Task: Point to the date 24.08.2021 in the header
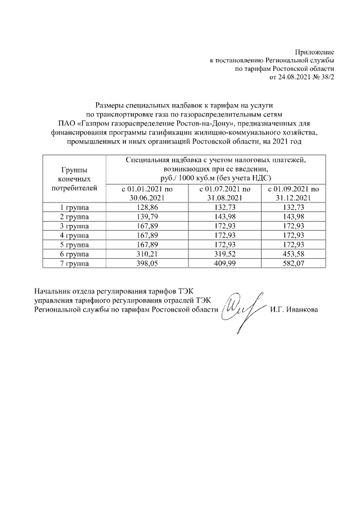[296, 76]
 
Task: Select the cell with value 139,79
[147, 217]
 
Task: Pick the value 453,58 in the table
[295, 254]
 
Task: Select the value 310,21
[147, 254]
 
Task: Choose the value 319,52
[224, 254]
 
